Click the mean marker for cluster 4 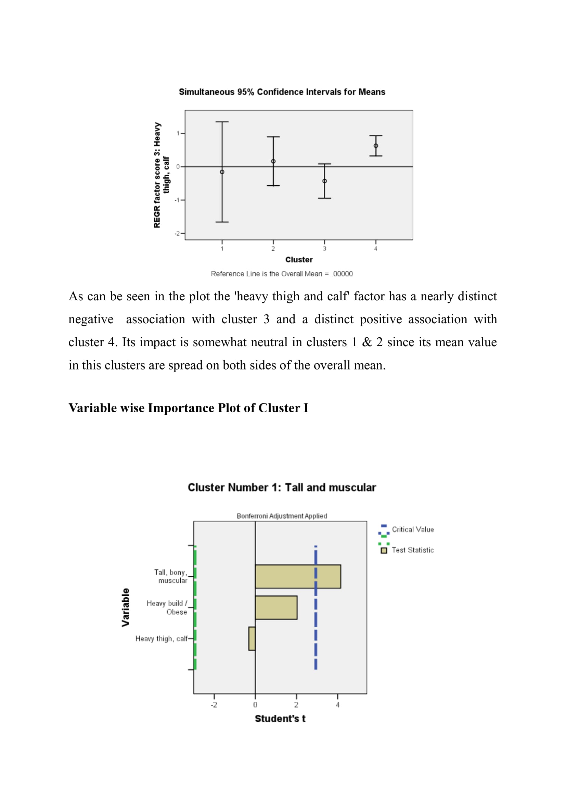[x=376, y=146]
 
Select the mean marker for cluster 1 [x=222, y=172]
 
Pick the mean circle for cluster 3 [x=324, y=181]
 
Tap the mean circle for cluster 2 [x=273, y=161]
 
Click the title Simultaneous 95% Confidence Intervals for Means [x=282, y=92]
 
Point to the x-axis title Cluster [x=299, y=260]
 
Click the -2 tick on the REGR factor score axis [x=178, y=234]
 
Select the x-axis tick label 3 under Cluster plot [x=324, y=249]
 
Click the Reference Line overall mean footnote [x=282, y=274]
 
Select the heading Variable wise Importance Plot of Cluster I [x=188, y=408]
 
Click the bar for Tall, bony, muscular [x=298, y=576]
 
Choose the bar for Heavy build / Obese [x=276, y=608]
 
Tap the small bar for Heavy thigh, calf [x=252, y=638]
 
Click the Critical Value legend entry [x=413, y=529]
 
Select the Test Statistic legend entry [x=413, y=550]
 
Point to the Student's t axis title [x=280, y=719]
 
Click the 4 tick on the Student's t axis [x=337, y=705]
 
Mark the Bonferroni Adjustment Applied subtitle [x=282, y=516]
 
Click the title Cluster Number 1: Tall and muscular [x=282, y=487]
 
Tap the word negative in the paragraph [x=91, y=319]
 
